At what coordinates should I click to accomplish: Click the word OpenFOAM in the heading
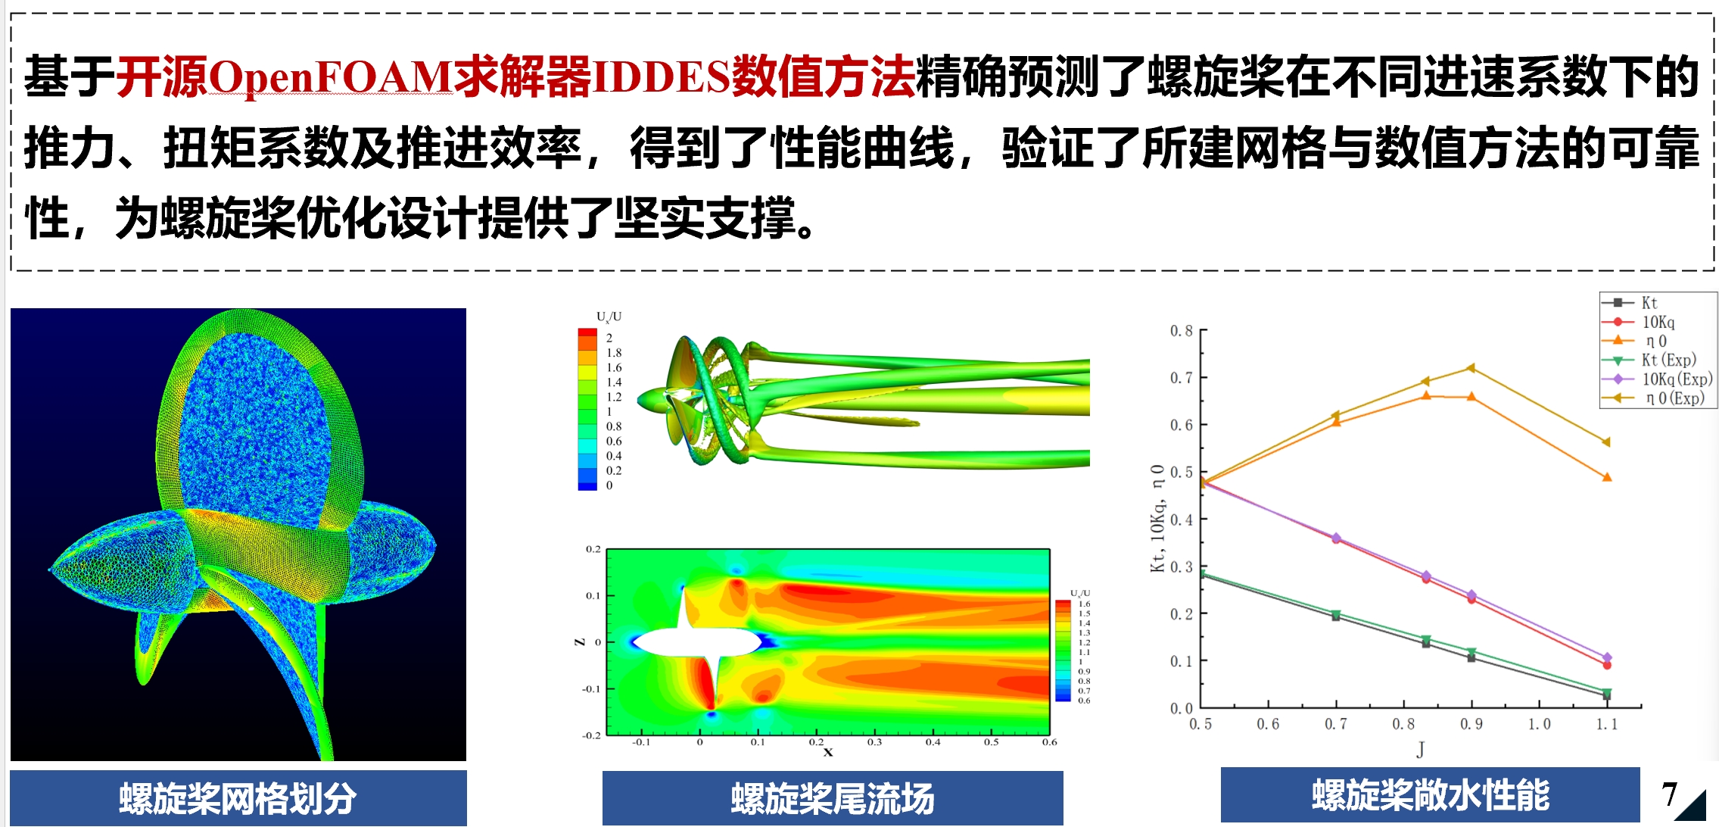tap(330, 77)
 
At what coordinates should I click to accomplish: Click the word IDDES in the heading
tap(661, 77)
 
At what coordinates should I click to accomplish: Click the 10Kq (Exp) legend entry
tap(1657, 379)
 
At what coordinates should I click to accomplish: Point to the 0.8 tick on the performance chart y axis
tap(1181, 331)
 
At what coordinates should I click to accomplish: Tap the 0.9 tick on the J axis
tap(1471, 724)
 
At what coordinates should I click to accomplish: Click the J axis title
tap(1421, 750)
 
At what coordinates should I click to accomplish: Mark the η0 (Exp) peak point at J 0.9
tap(1471, 368)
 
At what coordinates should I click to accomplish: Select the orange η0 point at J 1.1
tap(1607, 477)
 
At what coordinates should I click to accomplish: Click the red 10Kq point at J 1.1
tap(1607, 665)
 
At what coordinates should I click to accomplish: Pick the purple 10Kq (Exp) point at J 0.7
tap(1336, 537)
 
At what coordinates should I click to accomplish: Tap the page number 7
tap(1669, 794)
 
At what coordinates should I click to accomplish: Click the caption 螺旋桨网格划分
tap(238, 798)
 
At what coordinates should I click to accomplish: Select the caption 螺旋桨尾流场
tap(833, 798)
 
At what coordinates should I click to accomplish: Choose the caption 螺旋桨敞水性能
tap(1431, 795)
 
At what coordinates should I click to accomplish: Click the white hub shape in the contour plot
tap(696, 642)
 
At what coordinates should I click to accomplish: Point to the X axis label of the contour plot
tap(828, 752)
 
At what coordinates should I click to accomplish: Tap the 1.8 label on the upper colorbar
tap(614, 353)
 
